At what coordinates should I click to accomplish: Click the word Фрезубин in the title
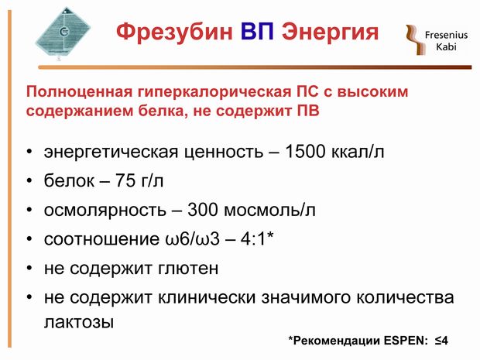coord(174,33)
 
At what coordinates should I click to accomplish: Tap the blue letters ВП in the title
coord(257,31)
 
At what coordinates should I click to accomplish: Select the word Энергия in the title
coord(331,33)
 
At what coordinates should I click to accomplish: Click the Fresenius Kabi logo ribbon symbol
coord(416,39)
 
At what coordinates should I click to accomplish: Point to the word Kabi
coord(446,46)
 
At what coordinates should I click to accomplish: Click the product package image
coord(63,33)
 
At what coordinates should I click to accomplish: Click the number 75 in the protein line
coord(125,180)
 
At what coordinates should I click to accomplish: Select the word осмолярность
coord(105,211)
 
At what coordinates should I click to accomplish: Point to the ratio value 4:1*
coord(257,238)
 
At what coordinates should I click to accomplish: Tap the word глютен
coord(188,269)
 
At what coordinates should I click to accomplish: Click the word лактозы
coord(79,322)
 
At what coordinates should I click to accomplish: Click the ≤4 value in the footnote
coord(441,341)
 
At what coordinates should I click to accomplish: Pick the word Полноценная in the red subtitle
coord(79,91)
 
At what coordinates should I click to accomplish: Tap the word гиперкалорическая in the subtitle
coord(214,93)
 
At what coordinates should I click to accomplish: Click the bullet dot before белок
coord(29,180)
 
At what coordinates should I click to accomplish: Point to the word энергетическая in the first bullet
coord(111,153)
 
